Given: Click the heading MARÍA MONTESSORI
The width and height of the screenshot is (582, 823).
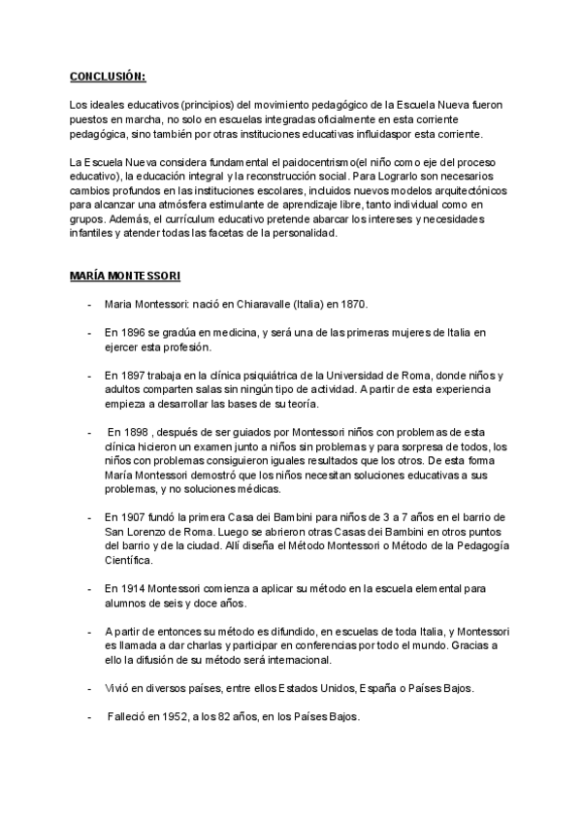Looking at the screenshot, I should [x=124, y=277].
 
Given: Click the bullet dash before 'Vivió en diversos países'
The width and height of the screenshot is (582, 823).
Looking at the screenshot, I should [x=89, y=688].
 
